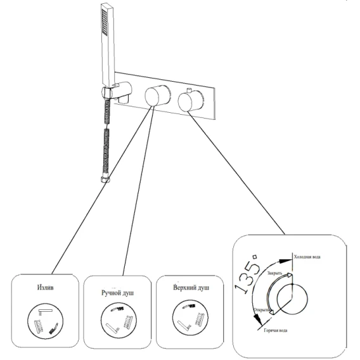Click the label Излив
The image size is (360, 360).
point(45,287)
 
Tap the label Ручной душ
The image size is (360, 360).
point(117,293)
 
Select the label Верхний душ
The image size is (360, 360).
point(191,288)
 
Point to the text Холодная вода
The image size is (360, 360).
point(307,257)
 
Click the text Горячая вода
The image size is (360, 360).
point(276,330)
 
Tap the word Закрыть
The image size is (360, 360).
point(274,273)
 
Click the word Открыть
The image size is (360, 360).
point(261,310)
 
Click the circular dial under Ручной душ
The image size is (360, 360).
point(119,320)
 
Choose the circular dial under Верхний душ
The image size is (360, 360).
point(190,318)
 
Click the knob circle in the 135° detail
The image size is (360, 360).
point(292,299)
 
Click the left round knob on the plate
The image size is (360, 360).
point(157,95)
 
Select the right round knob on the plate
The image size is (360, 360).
point(191,101)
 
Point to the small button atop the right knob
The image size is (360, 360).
point(190,90)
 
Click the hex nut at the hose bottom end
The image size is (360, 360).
point(105,179)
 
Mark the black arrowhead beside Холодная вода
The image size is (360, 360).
point(285,260)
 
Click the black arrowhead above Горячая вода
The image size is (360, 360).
point(258,320)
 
